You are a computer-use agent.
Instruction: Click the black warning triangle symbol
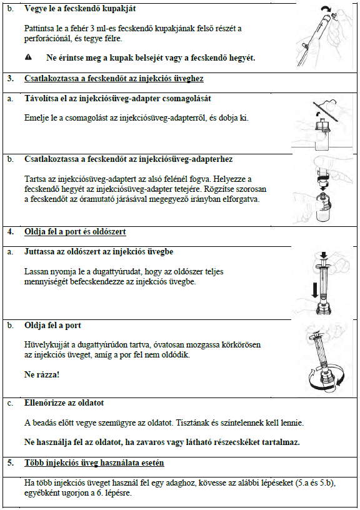coord(28,57)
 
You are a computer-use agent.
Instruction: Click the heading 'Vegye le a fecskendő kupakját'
coord(80,9)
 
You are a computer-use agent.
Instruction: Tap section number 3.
coord(11,78)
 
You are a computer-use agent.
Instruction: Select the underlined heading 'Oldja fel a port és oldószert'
coord(75,232)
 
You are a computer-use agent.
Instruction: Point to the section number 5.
coord(11,463)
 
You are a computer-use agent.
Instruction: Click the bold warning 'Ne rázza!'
coord(42,374)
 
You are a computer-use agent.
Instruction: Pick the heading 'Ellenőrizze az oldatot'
coord(64,403)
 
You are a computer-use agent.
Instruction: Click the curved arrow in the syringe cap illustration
coord(325,11)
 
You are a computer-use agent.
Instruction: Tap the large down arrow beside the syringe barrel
coord(314,290)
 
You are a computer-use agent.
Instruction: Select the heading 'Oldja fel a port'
coord(52,326)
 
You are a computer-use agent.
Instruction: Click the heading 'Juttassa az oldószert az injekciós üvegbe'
coord(99,252)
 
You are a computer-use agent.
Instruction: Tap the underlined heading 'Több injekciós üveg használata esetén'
coord(94,463)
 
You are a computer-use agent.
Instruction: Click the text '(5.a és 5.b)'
coord(315,482)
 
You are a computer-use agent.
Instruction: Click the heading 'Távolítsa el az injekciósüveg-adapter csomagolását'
coord(117,99)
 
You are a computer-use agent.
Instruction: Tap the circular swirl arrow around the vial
coord(326,378)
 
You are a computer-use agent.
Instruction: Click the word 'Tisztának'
coord(191,423)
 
